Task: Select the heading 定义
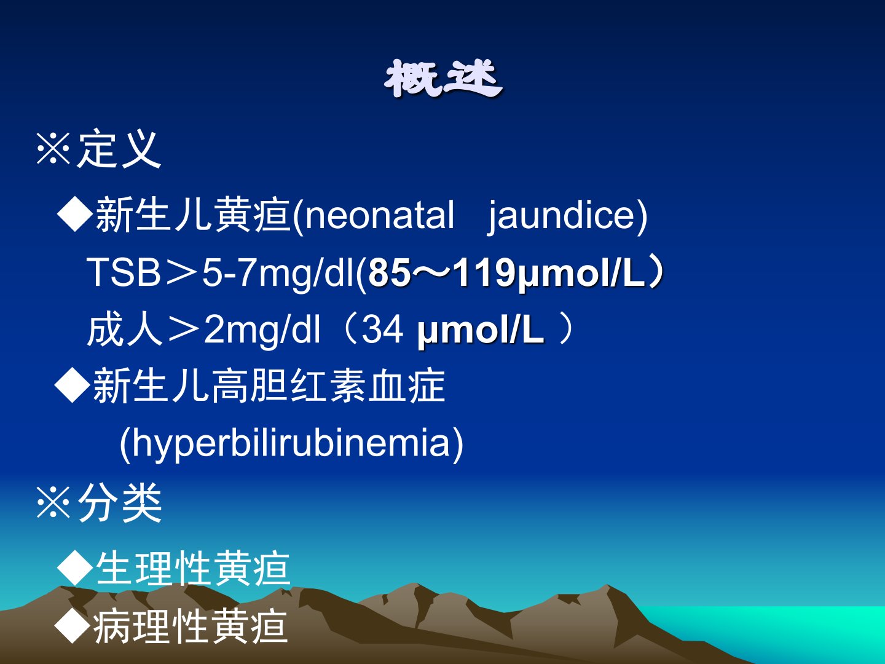[x=119, y=150]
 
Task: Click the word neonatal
[x=379, y=215]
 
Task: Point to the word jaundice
[x=563, y=216]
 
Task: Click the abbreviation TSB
[x=124, y=272]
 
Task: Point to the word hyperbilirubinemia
[x=291, y=443]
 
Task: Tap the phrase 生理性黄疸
[x=193, y=569]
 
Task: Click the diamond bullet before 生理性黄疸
[x=75, y=569]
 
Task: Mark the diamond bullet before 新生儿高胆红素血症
[x=72, y=386]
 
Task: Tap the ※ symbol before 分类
[x=53, y=503]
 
